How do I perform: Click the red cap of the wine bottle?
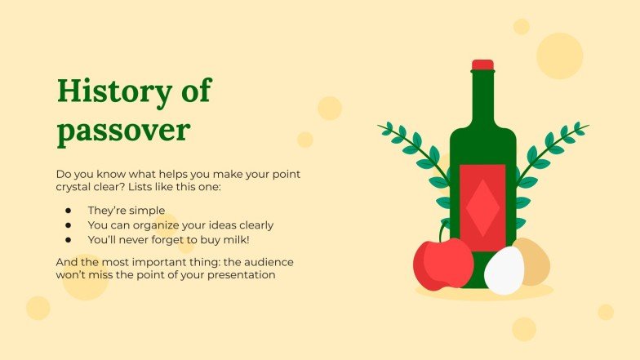coord(482,64)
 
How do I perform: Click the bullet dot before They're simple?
coord(69,210)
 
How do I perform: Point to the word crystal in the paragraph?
coord(74,188)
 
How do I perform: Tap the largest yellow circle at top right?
coord(559,56)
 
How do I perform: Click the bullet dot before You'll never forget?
coord(69,240)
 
